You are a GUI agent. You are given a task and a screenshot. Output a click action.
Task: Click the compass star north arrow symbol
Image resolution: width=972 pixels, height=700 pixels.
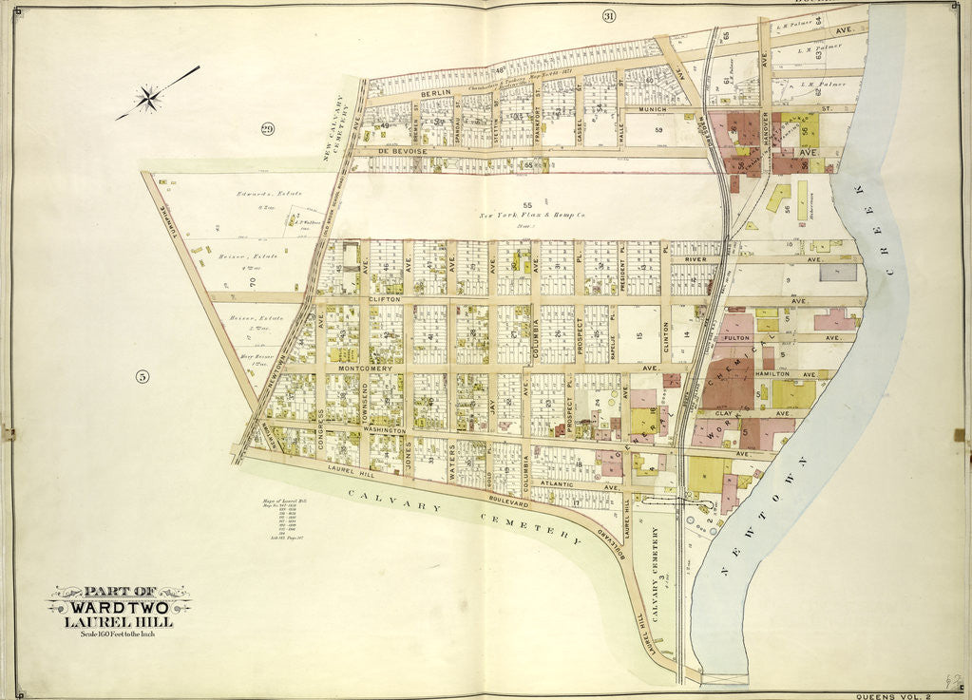point(148,97)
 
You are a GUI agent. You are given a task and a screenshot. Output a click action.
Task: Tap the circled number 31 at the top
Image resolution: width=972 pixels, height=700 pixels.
point(609,15)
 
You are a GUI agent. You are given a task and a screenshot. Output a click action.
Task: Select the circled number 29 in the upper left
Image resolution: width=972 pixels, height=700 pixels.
point(267,129)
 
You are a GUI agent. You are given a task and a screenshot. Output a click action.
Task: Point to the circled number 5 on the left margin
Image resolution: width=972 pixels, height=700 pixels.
point(143,376)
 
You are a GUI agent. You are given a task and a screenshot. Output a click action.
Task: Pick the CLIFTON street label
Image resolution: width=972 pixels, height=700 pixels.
point(380,298)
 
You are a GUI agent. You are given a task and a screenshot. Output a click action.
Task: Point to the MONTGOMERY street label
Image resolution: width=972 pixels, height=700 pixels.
point(359,368)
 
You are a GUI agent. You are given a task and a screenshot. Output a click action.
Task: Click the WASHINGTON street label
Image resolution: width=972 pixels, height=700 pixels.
point(384,430)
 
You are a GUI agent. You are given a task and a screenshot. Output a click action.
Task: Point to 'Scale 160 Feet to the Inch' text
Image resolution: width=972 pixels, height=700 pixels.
point(119,634)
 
